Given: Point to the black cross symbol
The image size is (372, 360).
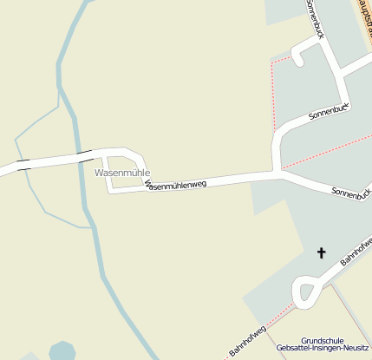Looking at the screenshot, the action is click(322, 253).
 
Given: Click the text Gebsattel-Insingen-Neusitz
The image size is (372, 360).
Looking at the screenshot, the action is click(323, 349).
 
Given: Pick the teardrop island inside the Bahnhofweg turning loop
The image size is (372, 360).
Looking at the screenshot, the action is click(306, 290).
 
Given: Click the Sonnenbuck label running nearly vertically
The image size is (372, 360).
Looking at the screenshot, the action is click(315, 18).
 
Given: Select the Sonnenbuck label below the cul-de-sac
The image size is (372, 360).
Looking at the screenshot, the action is click(329, 111).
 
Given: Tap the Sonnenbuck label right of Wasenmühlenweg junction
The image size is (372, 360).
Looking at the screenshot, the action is click(351, 193).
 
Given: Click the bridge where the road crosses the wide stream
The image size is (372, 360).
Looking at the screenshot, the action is click(84, 155).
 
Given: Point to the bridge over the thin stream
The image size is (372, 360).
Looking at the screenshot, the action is click(23, 163).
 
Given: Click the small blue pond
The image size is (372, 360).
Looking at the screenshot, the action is click(62, 351).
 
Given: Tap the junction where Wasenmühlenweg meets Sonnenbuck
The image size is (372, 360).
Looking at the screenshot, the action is click(277, 171).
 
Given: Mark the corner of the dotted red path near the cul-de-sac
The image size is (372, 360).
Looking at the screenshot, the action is click(272, 62).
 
